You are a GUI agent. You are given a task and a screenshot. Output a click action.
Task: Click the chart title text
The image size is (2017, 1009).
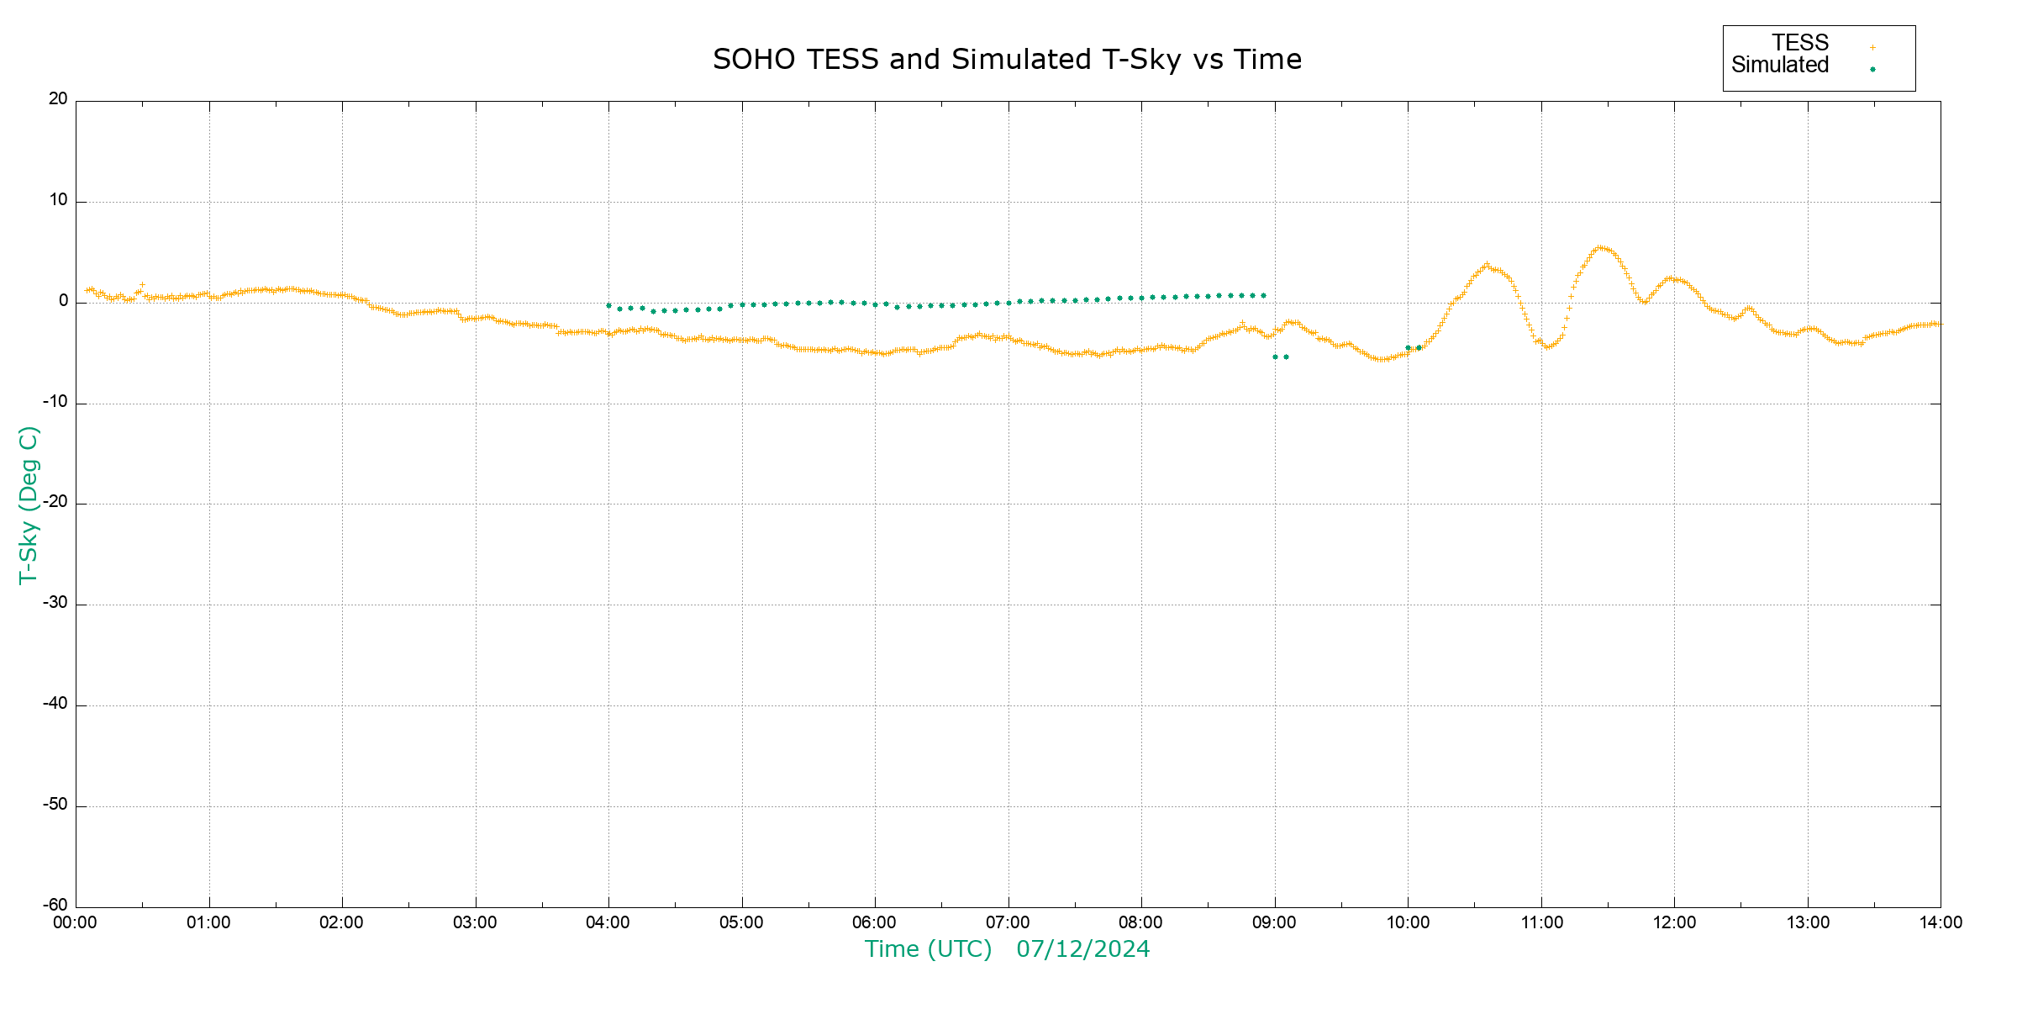tap(1007, 60)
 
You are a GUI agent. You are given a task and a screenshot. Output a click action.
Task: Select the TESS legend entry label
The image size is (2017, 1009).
tap(1800, 43)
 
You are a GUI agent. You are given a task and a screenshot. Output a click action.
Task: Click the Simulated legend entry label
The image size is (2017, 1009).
tap(1780, 65)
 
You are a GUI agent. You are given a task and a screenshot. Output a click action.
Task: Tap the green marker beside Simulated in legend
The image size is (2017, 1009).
tap(1872, 69)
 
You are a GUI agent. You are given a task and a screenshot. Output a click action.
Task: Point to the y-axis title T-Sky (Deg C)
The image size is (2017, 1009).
tap(29, 504)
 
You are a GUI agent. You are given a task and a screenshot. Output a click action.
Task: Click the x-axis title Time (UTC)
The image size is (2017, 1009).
tap(928, 949)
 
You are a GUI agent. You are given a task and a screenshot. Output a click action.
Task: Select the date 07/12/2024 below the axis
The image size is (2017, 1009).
tap(1082, 949)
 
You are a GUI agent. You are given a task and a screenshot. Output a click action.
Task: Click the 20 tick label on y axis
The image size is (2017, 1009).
tap(58, 99)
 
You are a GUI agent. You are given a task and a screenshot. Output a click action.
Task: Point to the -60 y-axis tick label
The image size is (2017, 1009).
tap(55, 906)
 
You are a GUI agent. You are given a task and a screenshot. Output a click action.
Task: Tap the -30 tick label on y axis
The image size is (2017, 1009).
tap(55, 604)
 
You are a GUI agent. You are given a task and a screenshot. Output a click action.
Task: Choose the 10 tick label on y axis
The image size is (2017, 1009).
tap(58, 200)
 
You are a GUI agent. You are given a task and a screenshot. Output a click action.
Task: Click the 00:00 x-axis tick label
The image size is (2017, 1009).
tap(76, 923)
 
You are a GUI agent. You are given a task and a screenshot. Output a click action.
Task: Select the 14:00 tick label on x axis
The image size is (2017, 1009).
tap(1941, 923)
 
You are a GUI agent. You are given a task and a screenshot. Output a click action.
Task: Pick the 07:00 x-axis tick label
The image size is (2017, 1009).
tap(1008, 923)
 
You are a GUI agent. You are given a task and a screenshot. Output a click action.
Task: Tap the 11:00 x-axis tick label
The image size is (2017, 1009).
tap(1541, 923)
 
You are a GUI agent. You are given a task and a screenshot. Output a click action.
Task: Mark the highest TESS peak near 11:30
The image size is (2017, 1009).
tap(1601, 248)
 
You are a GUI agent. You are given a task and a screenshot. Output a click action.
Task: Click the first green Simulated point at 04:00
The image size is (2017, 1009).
tap(608, 306)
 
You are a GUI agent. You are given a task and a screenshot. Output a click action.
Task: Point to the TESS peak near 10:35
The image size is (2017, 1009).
tap(1487, 266)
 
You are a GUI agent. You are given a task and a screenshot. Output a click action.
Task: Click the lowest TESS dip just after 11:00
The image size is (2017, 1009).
tap(1547, 346)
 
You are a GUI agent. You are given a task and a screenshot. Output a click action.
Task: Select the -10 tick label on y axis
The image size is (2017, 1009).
tap(55, 402)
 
